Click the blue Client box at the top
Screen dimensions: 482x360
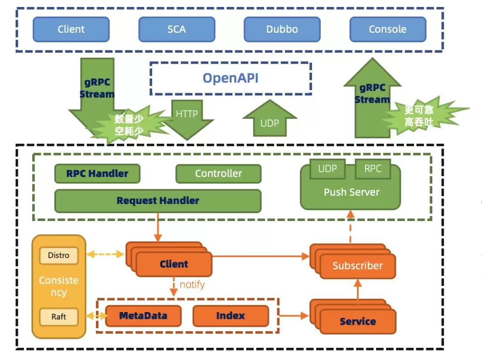click(x=71, y=29)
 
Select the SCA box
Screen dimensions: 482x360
click(x=177, y=29)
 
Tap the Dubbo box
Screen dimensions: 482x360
click(x=282, y=29)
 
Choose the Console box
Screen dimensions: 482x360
click(x=387, y=29)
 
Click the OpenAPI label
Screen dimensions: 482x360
click(x=231, y=78)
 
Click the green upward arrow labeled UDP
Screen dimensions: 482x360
click(x=270, y=119)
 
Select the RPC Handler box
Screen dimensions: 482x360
click(x=98, y=174)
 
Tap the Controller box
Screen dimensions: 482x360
click(x=219, y=174)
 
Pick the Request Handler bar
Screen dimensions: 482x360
click(x=158, y=201)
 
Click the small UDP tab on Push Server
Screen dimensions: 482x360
click(x=328, y=169)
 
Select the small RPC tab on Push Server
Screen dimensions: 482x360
click(x=373, y=169)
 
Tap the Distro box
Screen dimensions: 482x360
click(x=59, y=255)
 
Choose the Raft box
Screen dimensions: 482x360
click(x=59, y=317)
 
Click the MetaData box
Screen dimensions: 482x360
click(x=143, y=316)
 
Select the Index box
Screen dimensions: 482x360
click(x=231, y=316)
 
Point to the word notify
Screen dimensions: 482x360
click(x=192, y=284)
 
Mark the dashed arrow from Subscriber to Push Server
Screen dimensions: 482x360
click(x=350, y=227)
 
